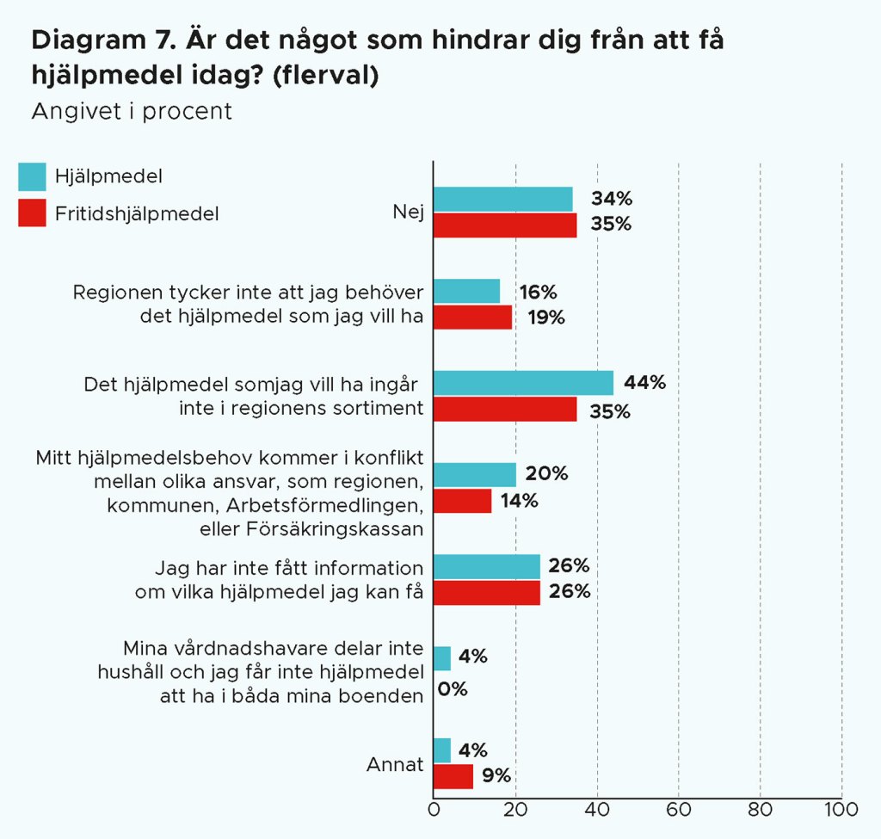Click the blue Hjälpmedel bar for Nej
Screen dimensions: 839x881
point(502,199)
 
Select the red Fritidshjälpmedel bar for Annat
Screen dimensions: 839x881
point(453,776)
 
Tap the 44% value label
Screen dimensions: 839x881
point(644,383)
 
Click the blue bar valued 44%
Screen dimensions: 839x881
point(523,383)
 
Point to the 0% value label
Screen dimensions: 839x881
point(453,688)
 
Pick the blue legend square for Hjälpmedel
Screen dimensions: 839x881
point(32,176)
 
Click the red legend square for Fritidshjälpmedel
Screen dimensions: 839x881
point(32,213)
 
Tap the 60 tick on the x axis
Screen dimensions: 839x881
point(678,810)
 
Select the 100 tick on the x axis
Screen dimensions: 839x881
point(841,810)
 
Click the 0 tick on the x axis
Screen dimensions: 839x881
point(434,810)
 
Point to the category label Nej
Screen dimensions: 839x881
point(408,212)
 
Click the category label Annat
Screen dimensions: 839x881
point(395,764)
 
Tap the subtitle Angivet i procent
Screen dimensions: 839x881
point(132,112)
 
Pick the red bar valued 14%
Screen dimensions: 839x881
point(462,501)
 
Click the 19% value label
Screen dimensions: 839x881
point(546,318)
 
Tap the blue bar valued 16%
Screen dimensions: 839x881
point(466,291)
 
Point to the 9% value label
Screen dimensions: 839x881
point(496,776)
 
